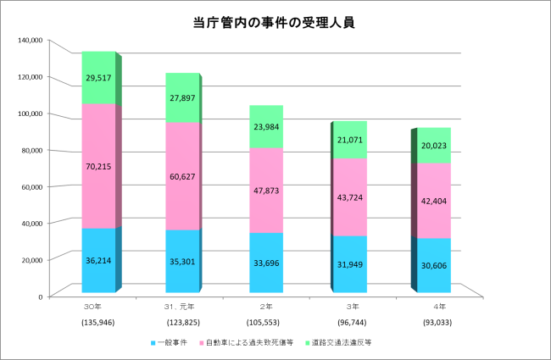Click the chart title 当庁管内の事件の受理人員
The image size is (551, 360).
273,23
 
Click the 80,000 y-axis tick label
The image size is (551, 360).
31,150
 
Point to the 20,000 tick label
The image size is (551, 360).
31,259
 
